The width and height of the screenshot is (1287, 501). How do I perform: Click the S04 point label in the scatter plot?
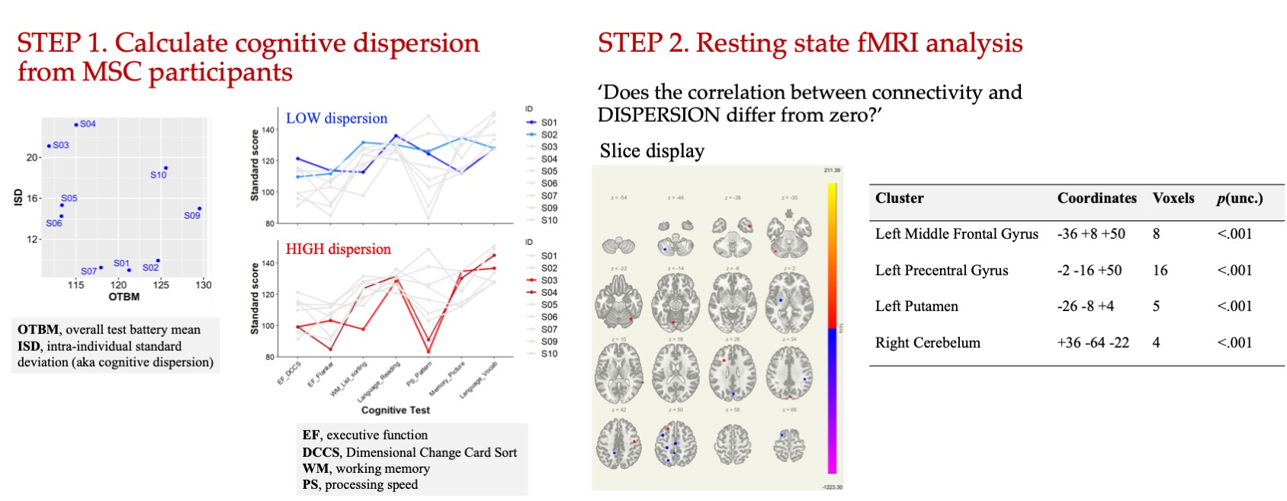[88, 124]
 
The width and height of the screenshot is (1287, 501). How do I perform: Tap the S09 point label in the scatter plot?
[192, 216]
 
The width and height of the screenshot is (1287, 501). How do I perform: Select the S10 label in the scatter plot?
[159, 175]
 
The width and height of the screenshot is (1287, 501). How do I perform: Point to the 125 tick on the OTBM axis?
[161, 285]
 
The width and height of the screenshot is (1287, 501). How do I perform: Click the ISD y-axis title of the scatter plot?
[18, 198]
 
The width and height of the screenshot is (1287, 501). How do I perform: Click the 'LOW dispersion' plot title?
[336, 118]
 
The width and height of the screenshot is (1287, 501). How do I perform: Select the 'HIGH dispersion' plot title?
[338, 249]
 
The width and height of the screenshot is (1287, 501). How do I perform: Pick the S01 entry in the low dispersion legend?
[549, 122]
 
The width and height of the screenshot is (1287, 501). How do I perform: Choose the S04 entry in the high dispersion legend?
[549, 293]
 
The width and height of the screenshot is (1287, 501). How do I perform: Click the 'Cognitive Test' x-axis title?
[395, 410]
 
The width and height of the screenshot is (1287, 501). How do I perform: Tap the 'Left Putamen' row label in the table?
[916, 307]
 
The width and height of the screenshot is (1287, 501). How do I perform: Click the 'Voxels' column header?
[1173, 198]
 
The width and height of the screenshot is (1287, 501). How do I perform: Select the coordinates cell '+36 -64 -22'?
[1093, 343]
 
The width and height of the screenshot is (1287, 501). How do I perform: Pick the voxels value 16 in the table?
[1160, 271]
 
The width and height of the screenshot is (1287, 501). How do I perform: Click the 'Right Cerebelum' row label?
[927, 343]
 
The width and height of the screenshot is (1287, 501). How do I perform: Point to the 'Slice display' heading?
[652, 151]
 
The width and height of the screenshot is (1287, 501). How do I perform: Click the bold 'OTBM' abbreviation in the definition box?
[38, 329]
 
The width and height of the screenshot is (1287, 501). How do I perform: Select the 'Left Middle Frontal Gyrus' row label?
[956, 234]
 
